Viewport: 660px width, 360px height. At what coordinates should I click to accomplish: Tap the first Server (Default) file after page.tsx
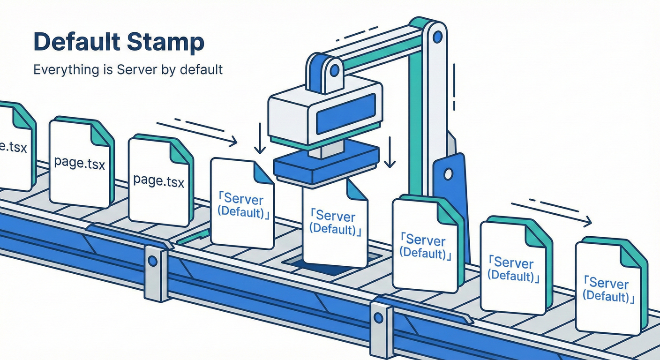click(x=241, y=204)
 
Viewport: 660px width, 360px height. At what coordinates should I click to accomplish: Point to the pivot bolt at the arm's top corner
click(x=438, y=36)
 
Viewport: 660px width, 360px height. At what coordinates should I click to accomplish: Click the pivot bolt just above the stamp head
click(x=334, y=70)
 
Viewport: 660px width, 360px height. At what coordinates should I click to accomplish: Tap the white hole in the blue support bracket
click(x=448, y=174)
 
